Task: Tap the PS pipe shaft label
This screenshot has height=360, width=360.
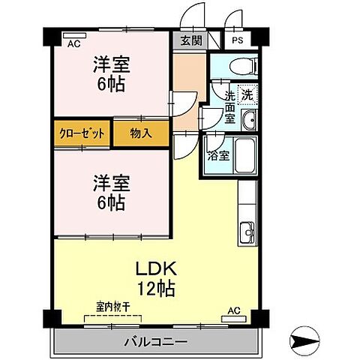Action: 237,42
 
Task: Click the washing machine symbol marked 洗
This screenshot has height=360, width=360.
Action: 246,95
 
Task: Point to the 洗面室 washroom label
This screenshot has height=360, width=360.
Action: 230,107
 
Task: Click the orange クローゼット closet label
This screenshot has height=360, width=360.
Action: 82,134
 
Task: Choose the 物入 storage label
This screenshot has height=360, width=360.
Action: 140,134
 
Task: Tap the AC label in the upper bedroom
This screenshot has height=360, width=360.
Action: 73,44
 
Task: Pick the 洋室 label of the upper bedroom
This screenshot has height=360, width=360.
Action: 109,64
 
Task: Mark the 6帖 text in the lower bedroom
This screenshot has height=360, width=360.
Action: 109,202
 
